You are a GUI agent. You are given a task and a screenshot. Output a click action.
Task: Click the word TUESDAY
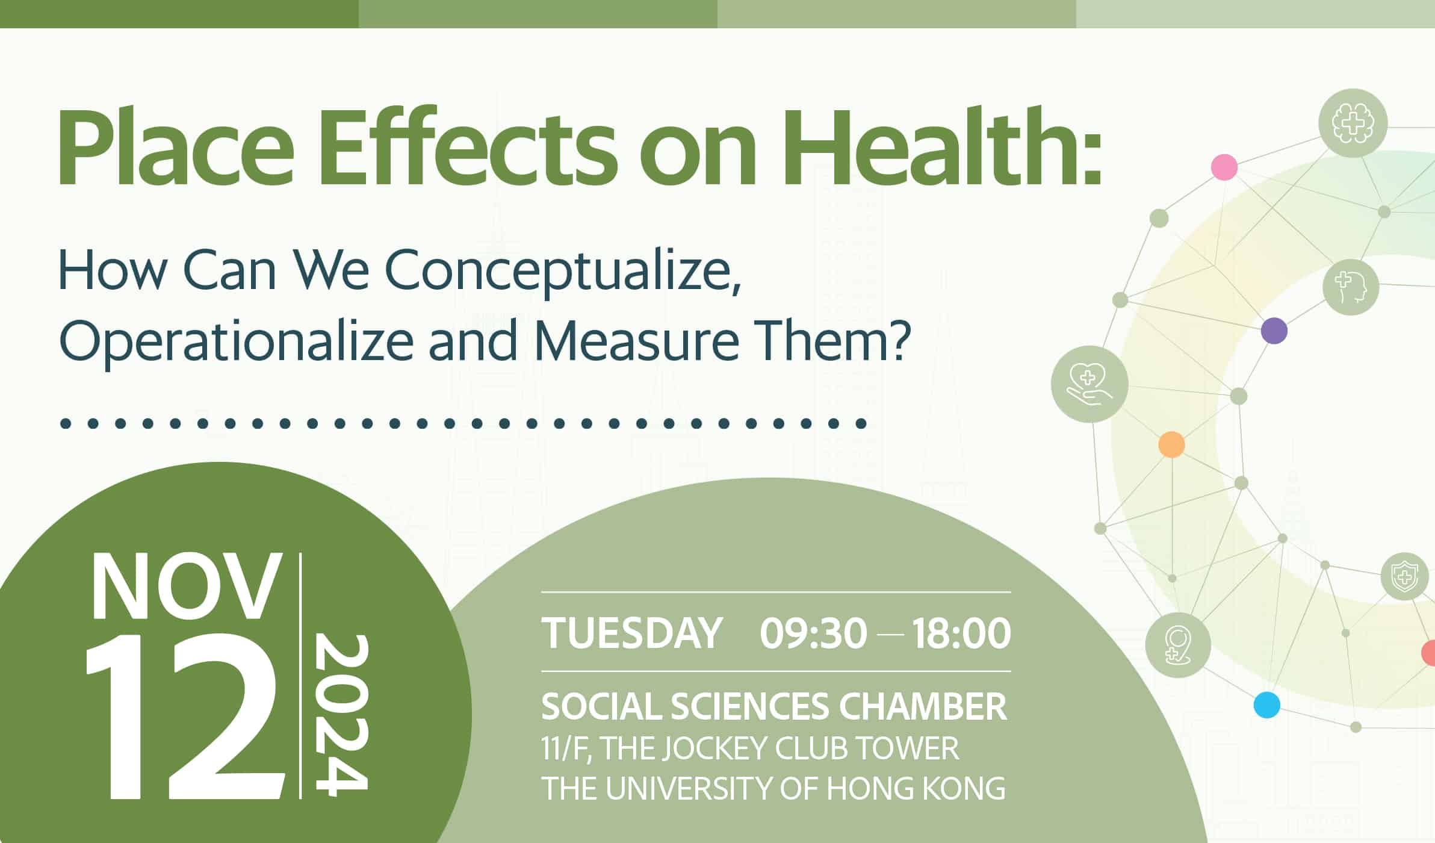tap(631, 633)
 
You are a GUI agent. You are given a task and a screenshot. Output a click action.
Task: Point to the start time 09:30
tap(813, 633)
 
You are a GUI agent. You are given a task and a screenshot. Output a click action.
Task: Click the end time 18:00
tap(961, 633)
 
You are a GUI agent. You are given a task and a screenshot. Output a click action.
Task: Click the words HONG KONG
tap(916, 788)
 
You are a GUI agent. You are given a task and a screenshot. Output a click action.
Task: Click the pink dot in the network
tap(1224, 167)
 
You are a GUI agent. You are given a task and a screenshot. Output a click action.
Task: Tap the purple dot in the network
tap(1274, 331)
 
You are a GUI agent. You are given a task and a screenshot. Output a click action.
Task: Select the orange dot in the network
tap(1171, 445)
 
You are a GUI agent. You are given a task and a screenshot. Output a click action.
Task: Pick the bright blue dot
tap(1266, 705)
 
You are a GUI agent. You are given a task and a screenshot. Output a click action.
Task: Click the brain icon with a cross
tap(1353, 123)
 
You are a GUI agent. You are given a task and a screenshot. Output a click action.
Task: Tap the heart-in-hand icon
tap(1089, 384)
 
